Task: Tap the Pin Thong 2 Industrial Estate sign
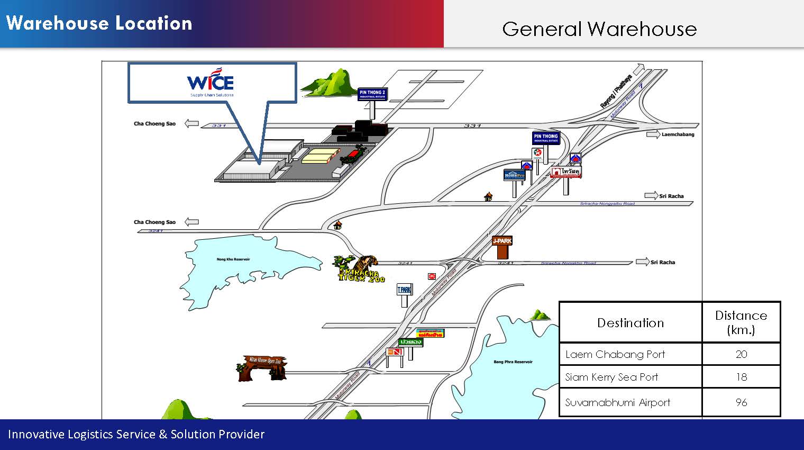(372, 94)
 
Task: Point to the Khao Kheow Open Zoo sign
(263, 366)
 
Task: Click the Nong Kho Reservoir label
(233, 259)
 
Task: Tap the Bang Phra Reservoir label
(513, 362)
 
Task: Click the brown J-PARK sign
(502, 241)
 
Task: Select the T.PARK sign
(404, 290)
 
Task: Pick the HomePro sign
(514, 175)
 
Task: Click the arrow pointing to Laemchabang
(653, 134)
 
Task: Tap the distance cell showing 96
(741, 402)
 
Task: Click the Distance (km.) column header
(741, 322)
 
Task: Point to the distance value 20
(741, 354)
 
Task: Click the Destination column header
(630, 322)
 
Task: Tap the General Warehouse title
(599, 29)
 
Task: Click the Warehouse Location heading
(99, 23)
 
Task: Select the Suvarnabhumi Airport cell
(617, 402)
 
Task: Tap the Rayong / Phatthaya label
(616, 92)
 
